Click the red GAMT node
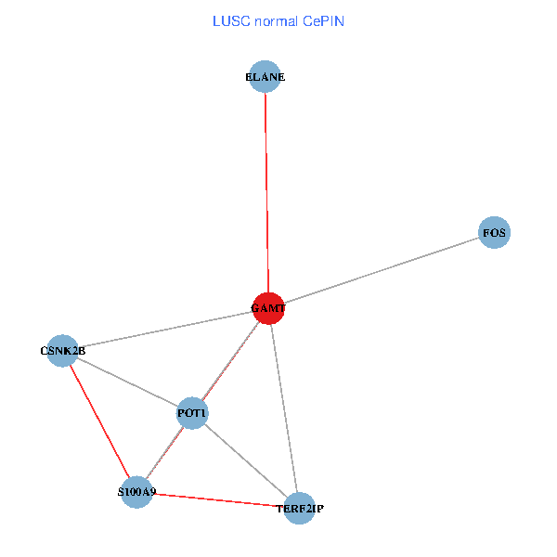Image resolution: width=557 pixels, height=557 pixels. pos(268,307)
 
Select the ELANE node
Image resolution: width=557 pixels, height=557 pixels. pos(266,78)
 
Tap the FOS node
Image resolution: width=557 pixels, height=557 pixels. pos(494,233)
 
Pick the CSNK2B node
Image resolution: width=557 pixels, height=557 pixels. pos(62,351)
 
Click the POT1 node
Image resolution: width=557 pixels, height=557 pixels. pos(192,412)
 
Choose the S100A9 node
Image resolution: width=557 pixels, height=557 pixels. pos(136,492)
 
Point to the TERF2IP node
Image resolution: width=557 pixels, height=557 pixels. pos(299,508)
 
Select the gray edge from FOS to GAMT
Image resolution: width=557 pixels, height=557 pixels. pos(381,270)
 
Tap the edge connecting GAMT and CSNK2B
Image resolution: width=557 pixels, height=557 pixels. pos(165,330)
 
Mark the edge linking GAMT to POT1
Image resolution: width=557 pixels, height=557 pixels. pos(230,360)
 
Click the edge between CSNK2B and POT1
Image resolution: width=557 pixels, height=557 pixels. pos(127,382)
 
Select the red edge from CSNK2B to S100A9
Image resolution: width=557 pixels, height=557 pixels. pos(99,421)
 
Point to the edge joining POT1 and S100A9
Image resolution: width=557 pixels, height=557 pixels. pos(164,452)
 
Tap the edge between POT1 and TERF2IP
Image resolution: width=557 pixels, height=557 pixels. pos(245,460)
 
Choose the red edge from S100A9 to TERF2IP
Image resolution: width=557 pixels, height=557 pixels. pos(217,499)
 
